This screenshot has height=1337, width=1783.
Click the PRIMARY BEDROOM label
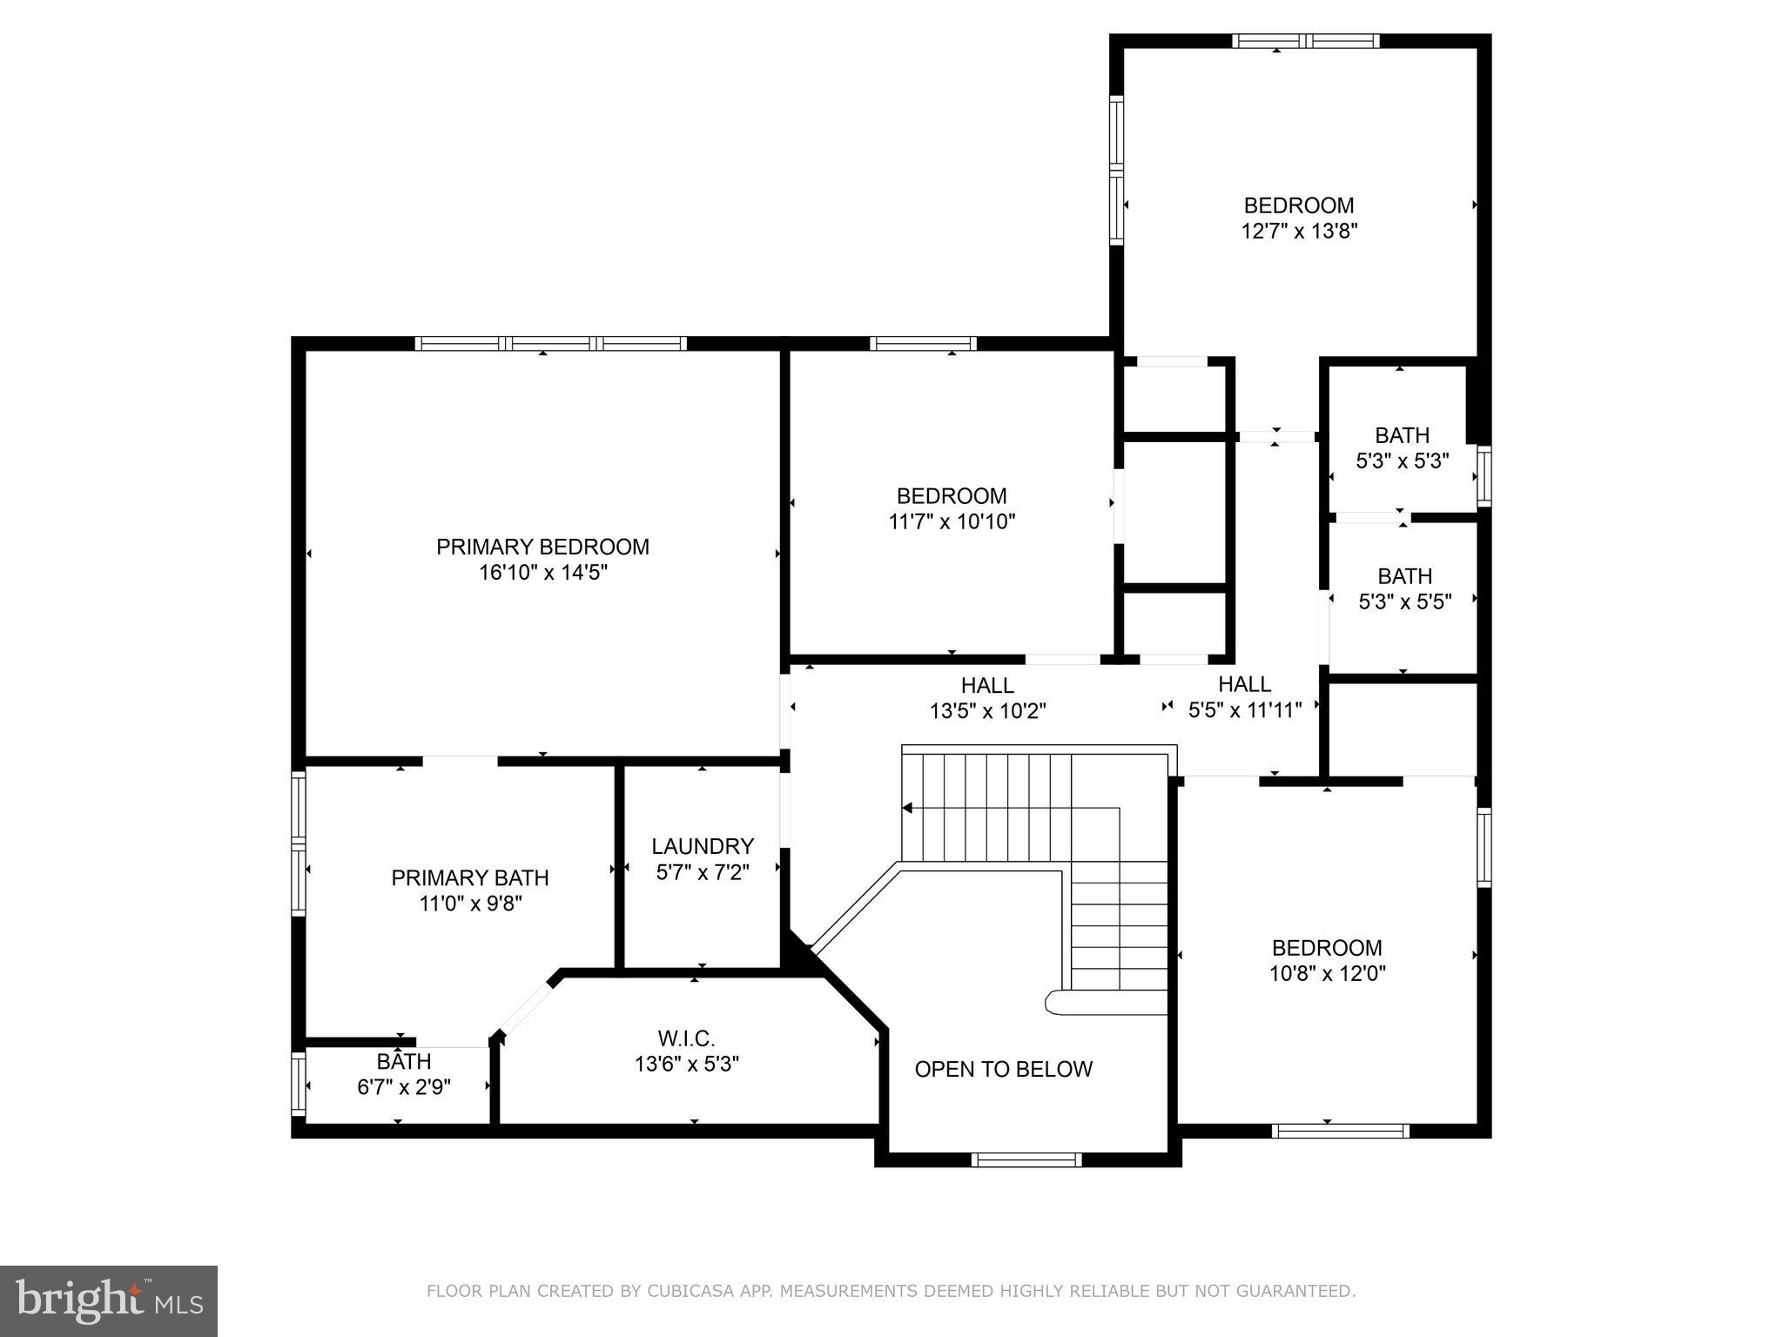[x=542, y=547]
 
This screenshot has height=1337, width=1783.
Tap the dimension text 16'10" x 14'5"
[x=542, y=573]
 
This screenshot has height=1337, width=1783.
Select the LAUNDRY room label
[x=703, y=846]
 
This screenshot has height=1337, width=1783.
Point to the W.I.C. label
[x=686, y=1038]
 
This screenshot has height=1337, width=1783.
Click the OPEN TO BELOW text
[x=1003, y=1069]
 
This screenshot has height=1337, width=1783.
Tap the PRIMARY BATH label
[x=469, y=877]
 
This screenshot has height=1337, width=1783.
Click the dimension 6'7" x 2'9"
[x=404, y=1087]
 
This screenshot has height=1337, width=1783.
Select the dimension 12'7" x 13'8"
[x=1299, y=232]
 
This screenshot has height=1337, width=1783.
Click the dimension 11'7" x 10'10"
[x=952, y=521]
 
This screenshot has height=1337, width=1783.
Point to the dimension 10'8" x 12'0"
[x=1327, y=973]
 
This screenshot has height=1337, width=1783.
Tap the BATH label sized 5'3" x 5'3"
[x=1402, y=435]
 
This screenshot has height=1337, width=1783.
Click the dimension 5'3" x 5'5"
[x=1404, y=601]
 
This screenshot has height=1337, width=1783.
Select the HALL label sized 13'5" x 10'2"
[x=987, y=685]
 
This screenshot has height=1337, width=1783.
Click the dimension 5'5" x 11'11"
[x=1245, y=709]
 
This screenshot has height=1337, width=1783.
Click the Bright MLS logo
[x=108, y=1300]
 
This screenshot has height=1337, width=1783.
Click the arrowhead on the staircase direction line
[x=907, y=808]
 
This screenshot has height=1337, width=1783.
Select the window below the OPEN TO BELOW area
[x=1026, y=1159]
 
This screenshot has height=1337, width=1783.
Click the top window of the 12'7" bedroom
[x=1306, y=40]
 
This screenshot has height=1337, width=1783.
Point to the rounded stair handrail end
[x=1053, y=1003]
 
